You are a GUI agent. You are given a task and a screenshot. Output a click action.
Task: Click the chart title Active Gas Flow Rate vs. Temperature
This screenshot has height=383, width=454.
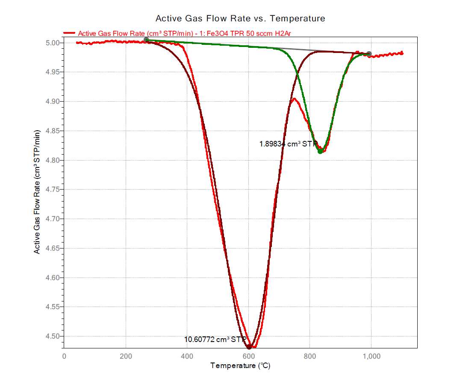240,18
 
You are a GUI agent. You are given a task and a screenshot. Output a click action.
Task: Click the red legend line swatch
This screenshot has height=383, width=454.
70,32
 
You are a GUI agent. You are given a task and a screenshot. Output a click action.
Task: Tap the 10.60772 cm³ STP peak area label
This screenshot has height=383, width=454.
215,339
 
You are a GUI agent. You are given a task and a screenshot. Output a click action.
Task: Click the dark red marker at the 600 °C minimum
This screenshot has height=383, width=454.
249,346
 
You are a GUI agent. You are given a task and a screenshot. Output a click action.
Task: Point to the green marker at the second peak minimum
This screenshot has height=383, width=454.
320,151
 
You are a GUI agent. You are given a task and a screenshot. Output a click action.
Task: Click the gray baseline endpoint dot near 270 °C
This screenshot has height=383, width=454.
146,40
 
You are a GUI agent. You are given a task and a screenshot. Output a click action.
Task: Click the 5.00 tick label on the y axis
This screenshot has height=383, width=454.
52,43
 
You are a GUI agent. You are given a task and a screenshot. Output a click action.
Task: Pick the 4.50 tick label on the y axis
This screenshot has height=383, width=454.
52,336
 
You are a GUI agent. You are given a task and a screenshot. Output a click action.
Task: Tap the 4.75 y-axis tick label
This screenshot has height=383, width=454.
52,190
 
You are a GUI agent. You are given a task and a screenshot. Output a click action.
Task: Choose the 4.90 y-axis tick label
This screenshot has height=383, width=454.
52,102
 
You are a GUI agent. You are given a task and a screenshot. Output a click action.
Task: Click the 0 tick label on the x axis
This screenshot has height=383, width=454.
64,356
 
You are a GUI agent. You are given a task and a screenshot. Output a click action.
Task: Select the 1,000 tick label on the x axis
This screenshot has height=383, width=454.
371,356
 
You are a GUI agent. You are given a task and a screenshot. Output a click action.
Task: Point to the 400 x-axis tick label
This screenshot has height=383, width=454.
187,356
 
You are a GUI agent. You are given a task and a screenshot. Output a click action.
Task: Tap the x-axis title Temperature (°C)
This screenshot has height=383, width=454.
240,366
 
